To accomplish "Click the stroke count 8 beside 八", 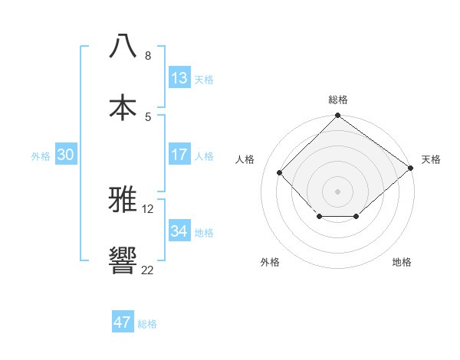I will click(148, 56).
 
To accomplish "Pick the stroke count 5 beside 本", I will click(148, 116).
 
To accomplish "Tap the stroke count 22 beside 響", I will click(147, 270).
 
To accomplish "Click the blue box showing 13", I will click(179, 78).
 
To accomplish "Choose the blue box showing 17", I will click(179, 155).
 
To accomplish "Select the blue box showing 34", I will click(179, 231).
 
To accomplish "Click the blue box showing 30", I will click(66, 155).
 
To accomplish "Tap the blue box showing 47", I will click(123, 322).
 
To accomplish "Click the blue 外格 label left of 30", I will click(41, 156).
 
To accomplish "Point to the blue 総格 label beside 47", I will click(147, 324).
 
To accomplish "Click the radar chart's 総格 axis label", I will click(338, 100).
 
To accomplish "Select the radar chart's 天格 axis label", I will click(431, 159).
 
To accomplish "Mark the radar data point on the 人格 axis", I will click(280, 172).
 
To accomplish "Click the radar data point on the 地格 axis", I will click(356, 218).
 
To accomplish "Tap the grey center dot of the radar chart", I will click(338, 191).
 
